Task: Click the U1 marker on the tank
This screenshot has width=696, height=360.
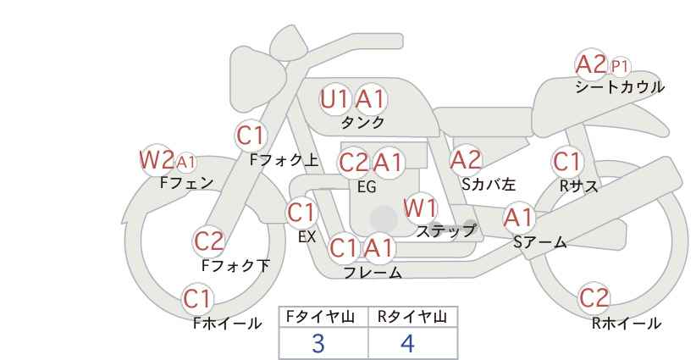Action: pyautogui.click(x=334, y=99)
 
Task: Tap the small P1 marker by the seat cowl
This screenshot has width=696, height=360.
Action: pyautogui.click(x=620, y=67)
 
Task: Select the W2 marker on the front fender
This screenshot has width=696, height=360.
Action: pyautogui.click(x=156, y=160)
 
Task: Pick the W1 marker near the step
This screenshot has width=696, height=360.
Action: pyautogui.click(x=420, y=208)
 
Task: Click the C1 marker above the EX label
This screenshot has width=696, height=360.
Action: pyautogui.click(x=301, y=213)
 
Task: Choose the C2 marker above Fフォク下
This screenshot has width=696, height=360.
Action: pyautogui.click(x=209, y=241)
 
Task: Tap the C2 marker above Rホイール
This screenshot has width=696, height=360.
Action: pyautogui.click(x=594, y=298)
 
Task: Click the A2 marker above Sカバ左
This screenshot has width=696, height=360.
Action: pyautogui.click(x=466, y=160)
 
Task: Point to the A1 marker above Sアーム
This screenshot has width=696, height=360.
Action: pyautogui.click(x=518, y=218)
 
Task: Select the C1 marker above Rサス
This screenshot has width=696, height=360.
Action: pyautogui.click(x=567, y=162)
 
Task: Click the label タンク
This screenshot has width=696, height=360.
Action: pyautogui.click(x=362, y=122)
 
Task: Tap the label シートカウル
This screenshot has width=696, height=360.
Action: pyautogui.click(x=620, y=87)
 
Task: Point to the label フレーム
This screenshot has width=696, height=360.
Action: pyautogui.click(x=373, y=273)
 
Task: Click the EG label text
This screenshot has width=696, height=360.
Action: pyautogui.click(x=367, y=187)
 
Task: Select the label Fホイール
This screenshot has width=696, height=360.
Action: pyautogui.click(x=227, y=324)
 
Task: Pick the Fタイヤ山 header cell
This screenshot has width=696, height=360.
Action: pyautogui.click(x=323, y=317)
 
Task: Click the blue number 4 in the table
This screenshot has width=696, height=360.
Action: pyautogui.click(x=407, y=343)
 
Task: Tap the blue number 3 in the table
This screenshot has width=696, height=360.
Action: pyautogui.click(x=318, y=343)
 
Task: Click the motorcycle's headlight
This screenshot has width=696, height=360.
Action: pyautogui.click(x=259, y=79)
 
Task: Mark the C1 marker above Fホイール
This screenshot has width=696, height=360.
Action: pyautogui.click(x=198, y=299)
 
